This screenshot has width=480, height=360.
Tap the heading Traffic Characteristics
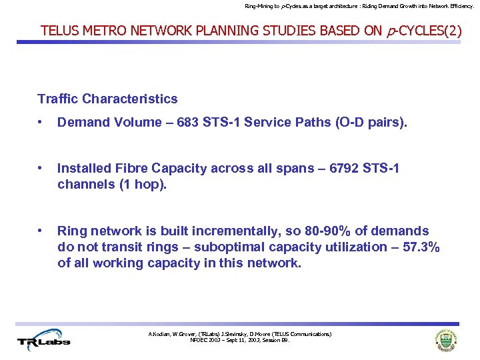[x=107, y=99]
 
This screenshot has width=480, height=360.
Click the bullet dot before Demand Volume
[x=41, y=122]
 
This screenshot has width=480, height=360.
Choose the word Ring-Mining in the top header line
[x=259, y=6]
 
